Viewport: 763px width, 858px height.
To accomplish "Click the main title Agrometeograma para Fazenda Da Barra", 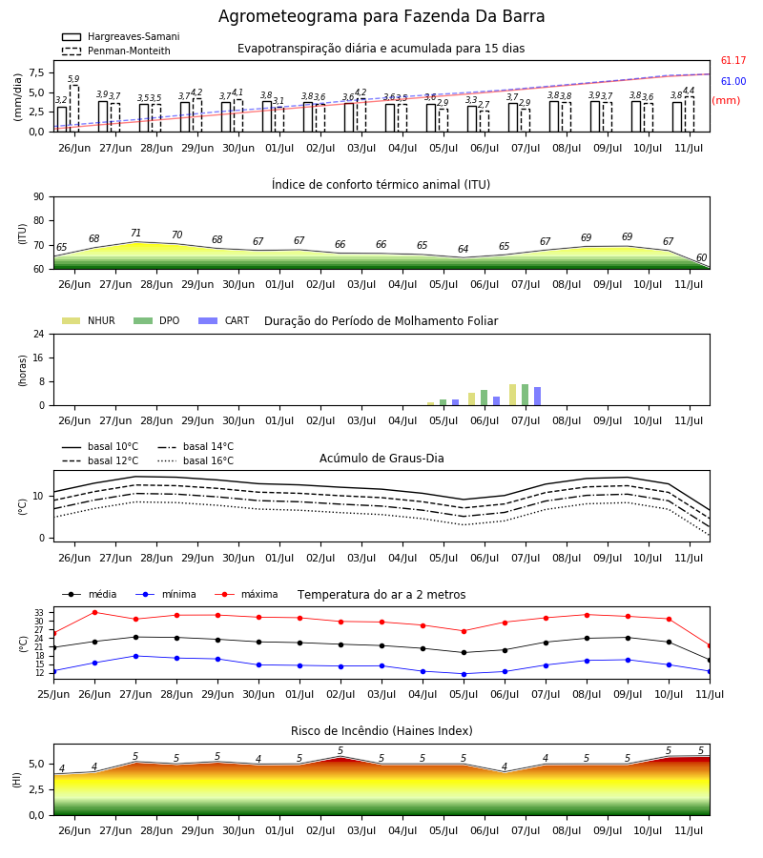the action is (381, 16).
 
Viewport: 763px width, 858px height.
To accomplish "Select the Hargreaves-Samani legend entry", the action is (121, 36).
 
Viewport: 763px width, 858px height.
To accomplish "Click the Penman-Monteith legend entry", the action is (116, 51).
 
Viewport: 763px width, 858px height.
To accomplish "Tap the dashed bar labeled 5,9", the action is (73, 109).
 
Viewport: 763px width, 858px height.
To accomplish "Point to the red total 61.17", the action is (733, 60).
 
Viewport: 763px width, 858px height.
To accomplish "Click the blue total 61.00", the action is (733, 81).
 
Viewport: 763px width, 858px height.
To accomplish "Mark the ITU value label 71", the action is (135, 234).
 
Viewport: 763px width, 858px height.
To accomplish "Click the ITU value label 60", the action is (701, 257).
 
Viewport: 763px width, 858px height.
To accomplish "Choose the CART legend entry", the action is (224, 320).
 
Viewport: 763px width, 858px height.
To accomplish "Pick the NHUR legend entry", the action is (88, 320).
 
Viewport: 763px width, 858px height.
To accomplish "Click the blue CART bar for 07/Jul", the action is (538, 397).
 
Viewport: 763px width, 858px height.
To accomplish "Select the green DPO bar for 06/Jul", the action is (484, 398).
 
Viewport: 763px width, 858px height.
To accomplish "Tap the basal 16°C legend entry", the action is (196, 460).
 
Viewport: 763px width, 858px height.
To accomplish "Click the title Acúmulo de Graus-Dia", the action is (381, 458).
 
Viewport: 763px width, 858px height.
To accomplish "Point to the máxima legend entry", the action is (246, 594).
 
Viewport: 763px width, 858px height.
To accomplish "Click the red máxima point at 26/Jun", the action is (94, 612).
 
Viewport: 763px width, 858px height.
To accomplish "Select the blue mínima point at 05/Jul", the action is (464, 674).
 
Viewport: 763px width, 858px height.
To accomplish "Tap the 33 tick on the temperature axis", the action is (39, 612).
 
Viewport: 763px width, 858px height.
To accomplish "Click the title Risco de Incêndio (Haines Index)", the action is (381, 730).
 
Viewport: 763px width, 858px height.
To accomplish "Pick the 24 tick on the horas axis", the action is (39, 334).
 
